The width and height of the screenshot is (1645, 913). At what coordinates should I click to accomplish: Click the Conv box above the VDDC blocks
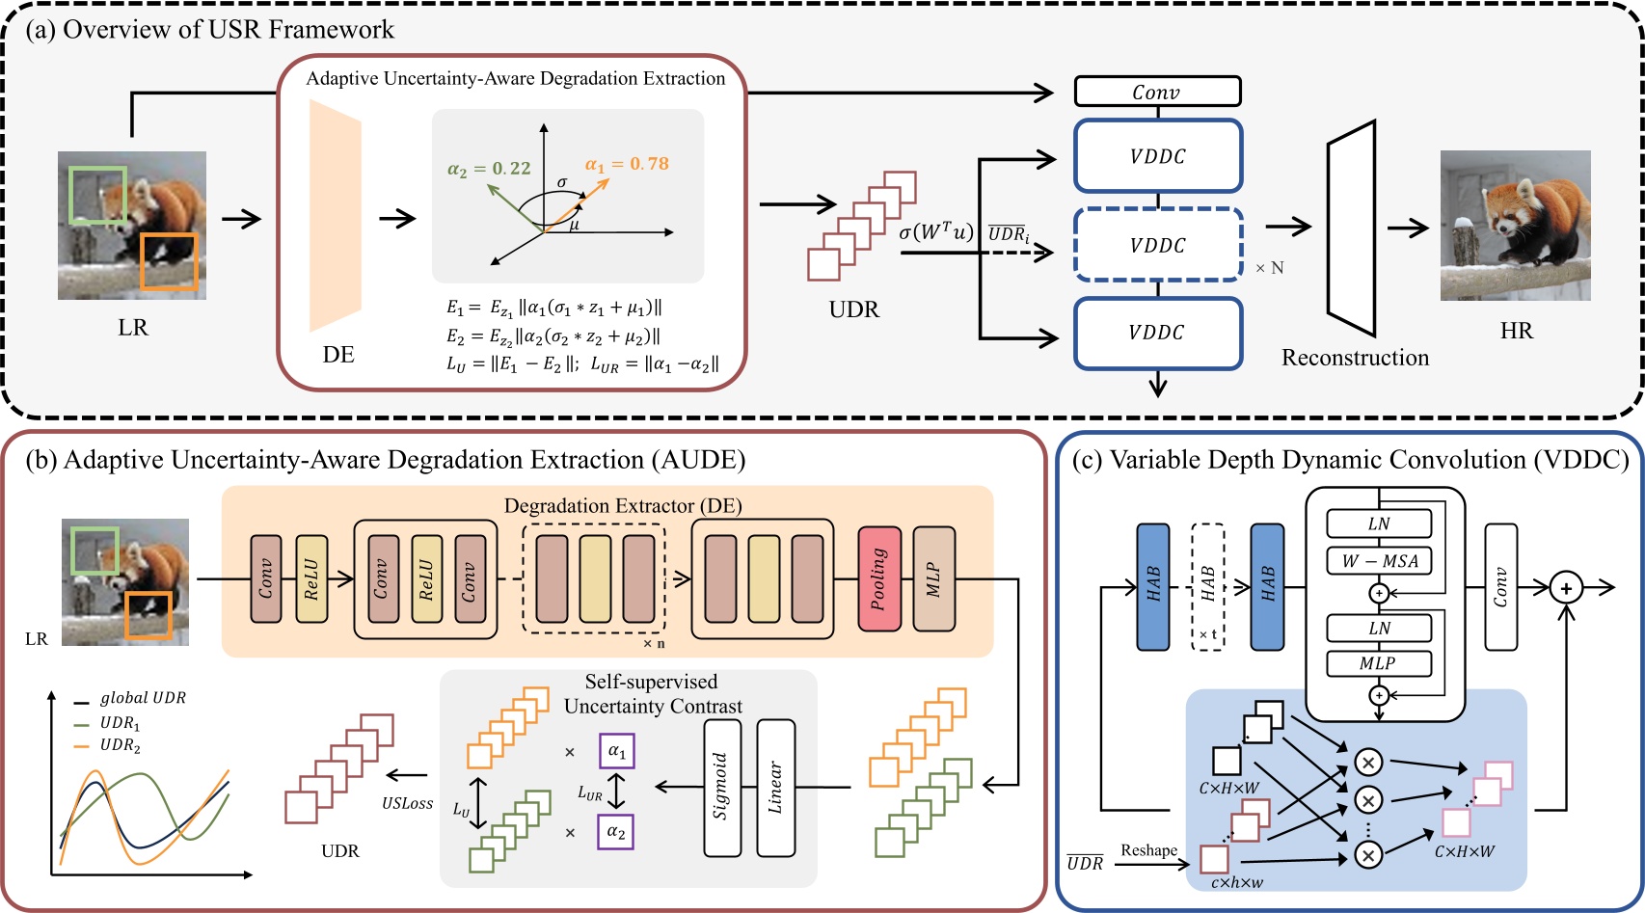click(1157, 92)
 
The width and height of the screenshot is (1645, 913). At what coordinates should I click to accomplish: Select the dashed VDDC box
click(1157, 245)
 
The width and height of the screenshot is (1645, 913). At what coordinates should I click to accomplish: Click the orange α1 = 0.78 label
click(627, 164)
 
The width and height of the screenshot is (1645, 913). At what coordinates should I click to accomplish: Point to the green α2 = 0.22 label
click(489, 169)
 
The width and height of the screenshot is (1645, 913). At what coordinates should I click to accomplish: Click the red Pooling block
click(879, 578)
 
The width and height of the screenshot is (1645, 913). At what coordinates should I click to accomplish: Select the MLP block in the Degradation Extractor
click(933, 578)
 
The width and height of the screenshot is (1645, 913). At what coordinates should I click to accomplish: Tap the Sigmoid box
click(722, 787)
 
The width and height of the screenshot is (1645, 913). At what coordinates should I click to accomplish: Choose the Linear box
click(775, 787)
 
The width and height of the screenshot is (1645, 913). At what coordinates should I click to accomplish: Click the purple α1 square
click(616, 751)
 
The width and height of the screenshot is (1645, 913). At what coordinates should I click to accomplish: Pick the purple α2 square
click(616, 831)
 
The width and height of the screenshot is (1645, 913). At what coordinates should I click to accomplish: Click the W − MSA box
click(1379, 561)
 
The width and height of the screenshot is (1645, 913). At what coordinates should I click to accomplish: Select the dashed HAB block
click(1207, 586)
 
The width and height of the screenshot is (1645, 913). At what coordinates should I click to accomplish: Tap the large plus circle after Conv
click(1566, 587)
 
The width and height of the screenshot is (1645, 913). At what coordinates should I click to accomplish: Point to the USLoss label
click(407, 803)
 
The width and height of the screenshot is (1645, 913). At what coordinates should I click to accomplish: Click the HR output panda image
click(1515, 226)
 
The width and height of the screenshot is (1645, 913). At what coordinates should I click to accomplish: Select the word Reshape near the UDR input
click(1148, 850)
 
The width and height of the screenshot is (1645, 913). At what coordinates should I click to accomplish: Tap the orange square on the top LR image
click(169, 261)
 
